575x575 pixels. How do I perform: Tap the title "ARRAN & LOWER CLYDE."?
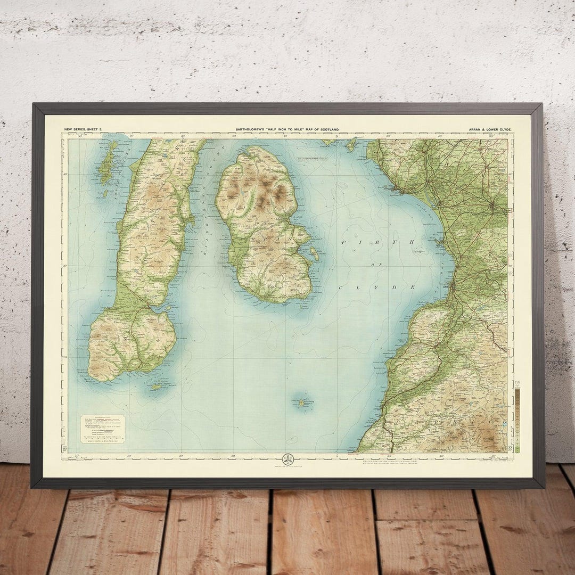pos(490,129)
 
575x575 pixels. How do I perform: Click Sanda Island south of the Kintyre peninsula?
pos(157,387)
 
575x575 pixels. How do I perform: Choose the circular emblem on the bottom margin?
pos(287,459)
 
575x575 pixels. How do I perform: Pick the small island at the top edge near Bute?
pos(351,143)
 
